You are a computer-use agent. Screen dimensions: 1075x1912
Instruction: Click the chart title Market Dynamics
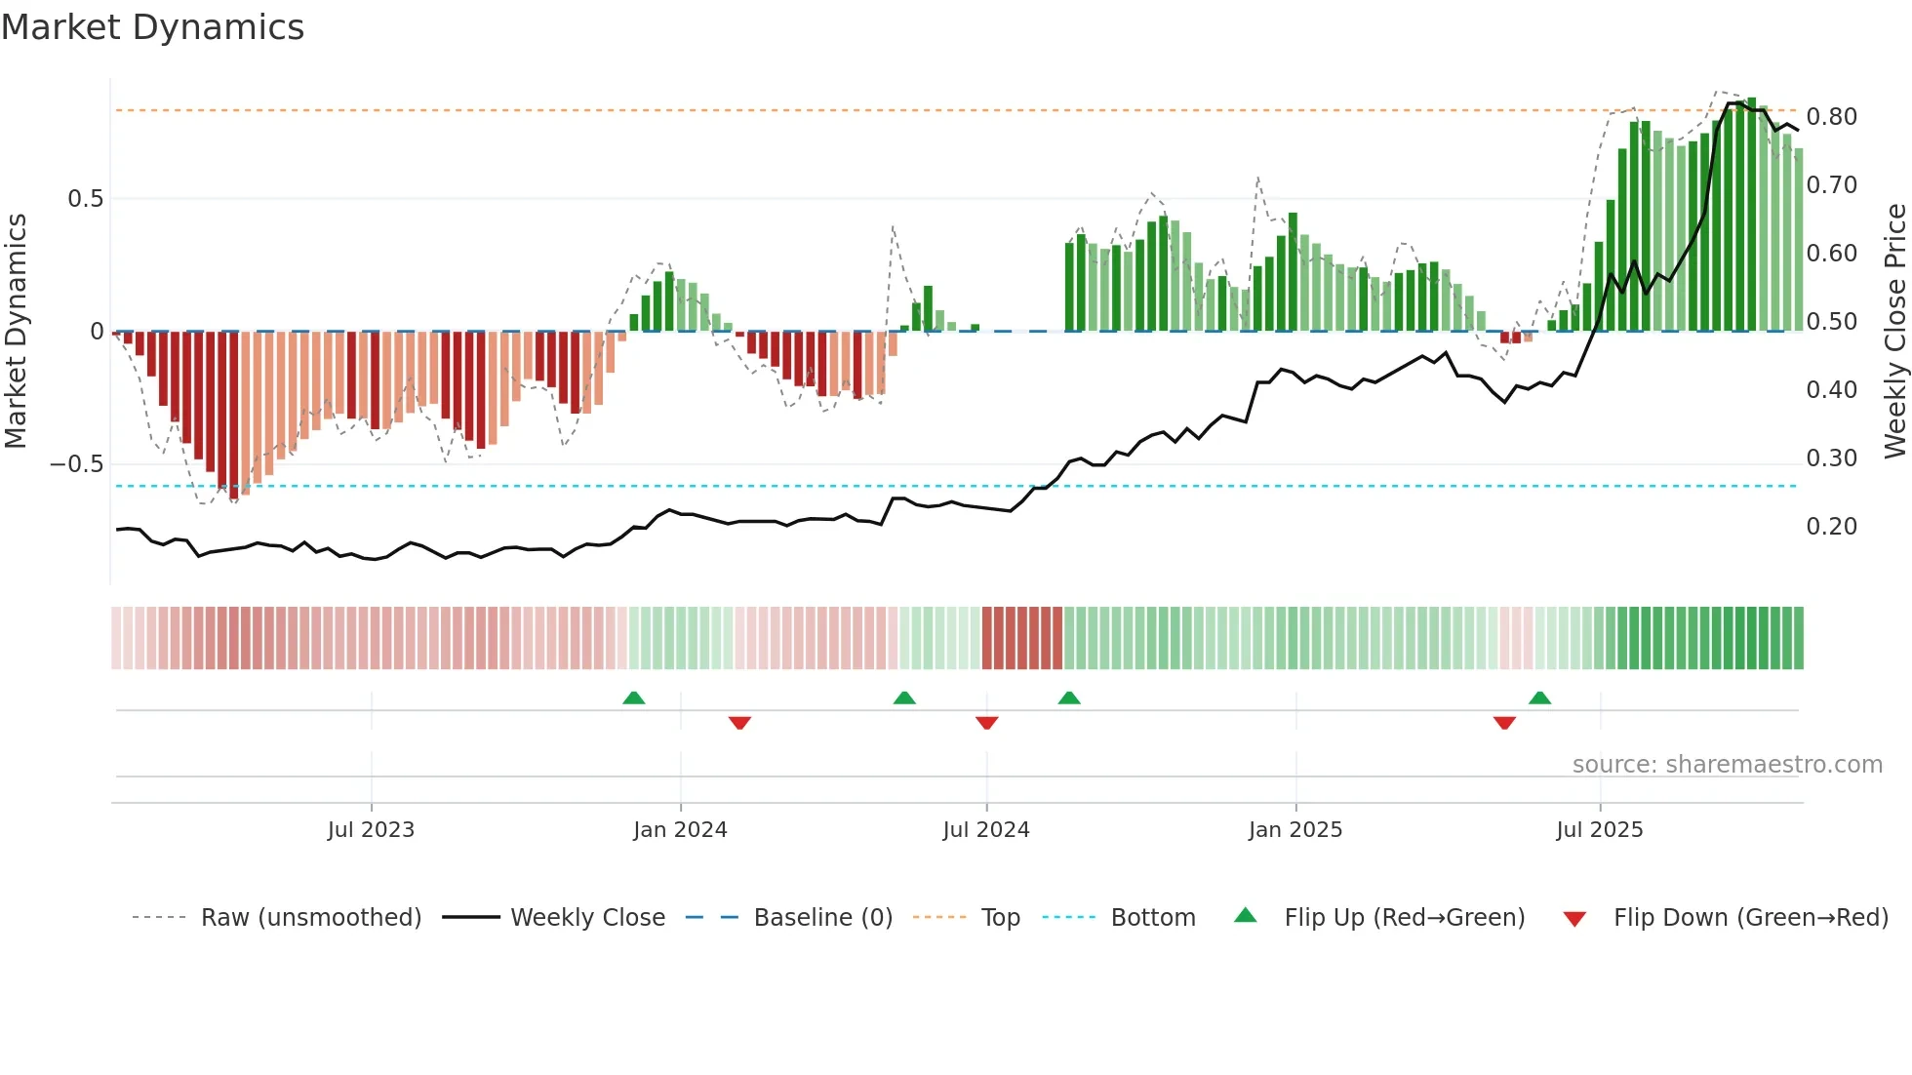tap(152, 27)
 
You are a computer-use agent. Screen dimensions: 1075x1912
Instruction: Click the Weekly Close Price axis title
tap(1894, 331)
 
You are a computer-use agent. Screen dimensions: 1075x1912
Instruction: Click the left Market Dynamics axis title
tap(16, 331)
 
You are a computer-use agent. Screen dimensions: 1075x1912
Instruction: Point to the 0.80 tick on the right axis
tap(1831, 117)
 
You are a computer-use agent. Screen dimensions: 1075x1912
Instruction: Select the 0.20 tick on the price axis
tap(1831, 527)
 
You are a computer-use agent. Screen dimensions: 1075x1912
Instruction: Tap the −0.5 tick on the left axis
tap(76, 464)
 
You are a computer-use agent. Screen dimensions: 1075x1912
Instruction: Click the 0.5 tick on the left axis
tap(85, 199)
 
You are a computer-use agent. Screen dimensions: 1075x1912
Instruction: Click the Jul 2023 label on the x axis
tap(371, 830)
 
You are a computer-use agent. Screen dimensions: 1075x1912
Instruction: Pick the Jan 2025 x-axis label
tap(1295, 830)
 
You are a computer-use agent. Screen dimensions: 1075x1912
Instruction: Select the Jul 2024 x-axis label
tap(985, 830)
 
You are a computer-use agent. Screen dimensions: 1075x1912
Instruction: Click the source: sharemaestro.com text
tap(1727, 765)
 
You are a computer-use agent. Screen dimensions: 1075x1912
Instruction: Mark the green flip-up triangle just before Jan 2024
tap(634, 698)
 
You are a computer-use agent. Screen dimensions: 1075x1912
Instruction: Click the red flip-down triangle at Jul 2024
tap(986, 723)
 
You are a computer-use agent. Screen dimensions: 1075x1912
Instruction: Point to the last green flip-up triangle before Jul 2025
tap(1539, 698)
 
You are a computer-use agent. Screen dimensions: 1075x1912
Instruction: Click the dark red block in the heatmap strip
tap(1021, 638)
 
